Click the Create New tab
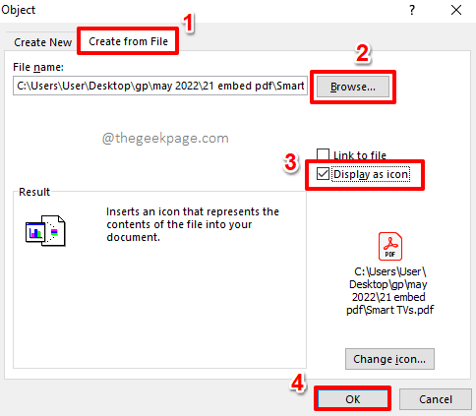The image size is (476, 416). click(x=42, y=42)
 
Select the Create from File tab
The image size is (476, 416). click(x=128, y=41)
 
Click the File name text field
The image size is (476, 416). click(x=160, y=86)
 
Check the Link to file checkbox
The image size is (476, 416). click(x=323, y=154)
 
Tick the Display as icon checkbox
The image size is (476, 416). click(x=323, y=174)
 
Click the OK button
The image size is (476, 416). click(x=352, y=399)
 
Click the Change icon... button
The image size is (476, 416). click(x=389, y=359)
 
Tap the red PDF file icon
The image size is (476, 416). click(x=390, y=246)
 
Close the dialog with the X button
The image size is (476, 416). click(x=456, y=10)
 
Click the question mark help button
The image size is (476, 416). click(x=412, y=10)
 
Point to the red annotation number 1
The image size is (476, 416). click(x=188, y=23)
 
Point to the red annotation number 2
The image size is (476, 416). click(x=363, y=53)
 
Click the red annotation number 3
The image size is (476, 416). click(x=291, y=162)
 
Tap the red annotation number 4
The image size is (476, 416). click(x=297, y=383)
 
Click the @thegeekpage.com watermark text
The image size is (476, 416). click(x=165, y=139)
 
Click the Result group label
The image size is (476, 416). click(x=34, y=192)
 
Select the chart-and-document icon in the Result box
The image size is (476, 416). click(x=45, y=231)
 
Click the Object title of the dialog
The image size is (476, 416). click(x=19, y=10)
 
